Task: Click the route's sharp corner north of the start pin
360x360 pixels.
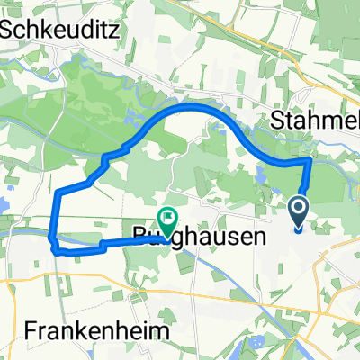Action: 310,159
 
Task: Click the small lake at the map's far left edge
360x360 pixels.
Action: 3,205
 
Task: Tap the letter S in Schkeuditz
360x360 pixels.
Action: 8,28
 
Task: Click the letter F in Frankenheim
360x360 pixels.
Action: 8,330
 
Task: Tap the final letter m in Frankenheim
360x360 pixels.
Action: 160,330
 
